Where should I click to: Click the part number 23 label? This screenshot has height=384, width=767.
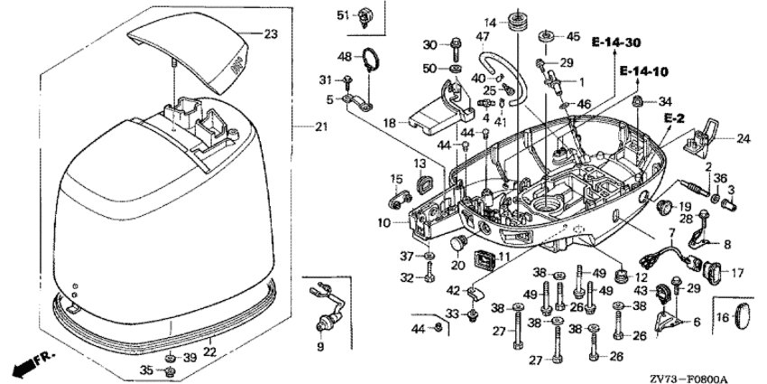click(271, 34)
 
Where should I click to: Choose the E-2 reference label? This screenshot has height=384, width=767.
click(673, 118)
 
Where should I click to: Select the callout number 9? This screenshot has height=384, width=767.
click(319, 346)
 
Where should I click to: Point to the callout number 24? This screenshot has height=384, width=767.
click(743, 138)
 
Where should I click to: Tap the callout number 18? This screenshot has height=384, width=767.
click(388, 122)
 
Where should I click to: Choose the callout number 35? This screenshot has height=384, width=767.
click(146, 370)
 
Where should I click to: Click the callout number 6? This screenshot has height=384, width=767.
click(695, 322)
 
